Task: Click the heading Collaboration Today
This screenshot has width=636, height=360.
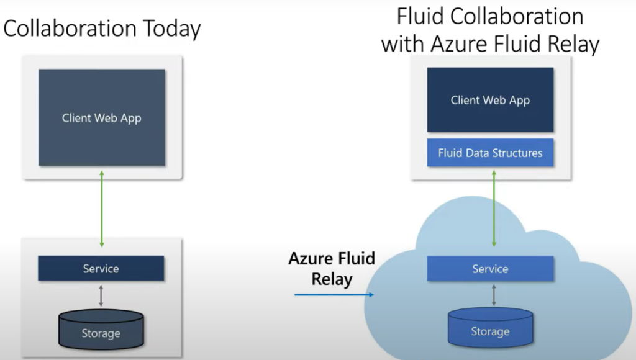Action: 102,29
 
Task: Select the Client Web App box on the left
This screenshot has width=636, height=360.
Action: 102,117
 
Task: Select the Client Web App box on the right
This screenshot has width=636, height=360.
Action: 490,100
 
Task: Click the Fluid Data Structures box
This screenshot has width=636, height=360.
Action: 490,153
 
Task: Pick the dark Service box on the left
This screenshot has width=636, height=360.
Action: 101,269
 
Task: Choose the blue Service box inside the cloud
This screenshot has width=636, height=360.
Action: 490,269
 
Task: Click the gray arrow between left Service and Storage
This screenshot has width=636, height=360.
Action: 101,295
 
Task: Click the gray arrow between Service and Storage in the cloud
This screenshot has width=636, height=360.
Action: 494,294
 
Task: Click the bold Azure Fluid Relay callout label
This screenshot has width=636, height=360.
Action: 332,268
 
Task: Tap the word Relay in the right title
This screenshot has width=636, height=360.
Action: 570,44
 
